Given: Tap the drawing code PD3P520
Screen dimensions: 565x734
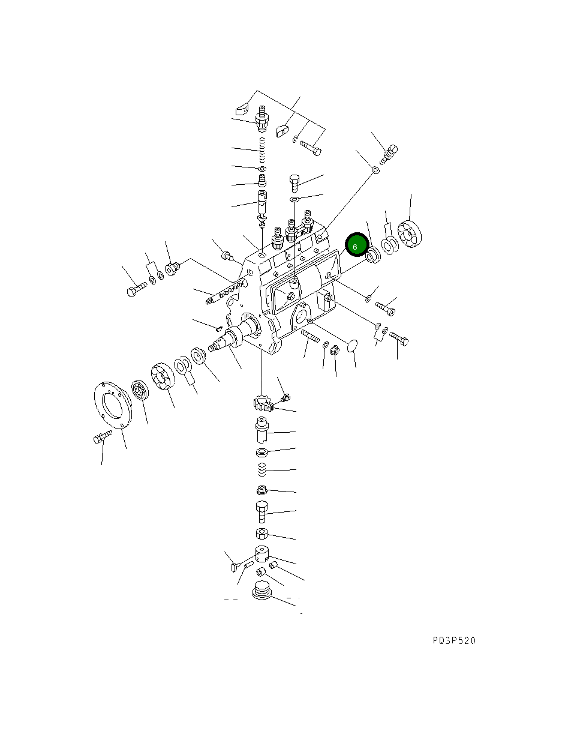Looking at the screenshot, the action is [x=454, y=641].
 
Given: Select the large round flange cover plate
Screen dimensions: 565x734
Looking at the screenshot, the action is [x=113, y=405].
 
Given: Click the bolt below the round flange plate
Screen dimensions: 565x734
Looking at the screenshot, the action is [x=102, y=437].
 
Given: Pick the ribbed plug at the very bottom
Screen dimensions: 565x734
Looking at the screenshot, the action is [x=262, y=591].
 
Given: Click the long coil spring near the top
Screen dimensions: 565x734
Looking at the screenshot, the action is [x=262, y=149].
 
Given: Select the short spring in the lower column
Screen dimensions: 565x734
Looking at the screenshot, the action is [x=262, y=469].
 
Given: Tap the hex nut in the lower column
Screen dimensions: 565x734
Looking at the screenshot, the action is [x=262, y=534].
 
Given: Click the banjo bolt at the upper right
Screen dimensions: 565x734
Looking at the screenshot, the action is [x=389, y=154].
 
